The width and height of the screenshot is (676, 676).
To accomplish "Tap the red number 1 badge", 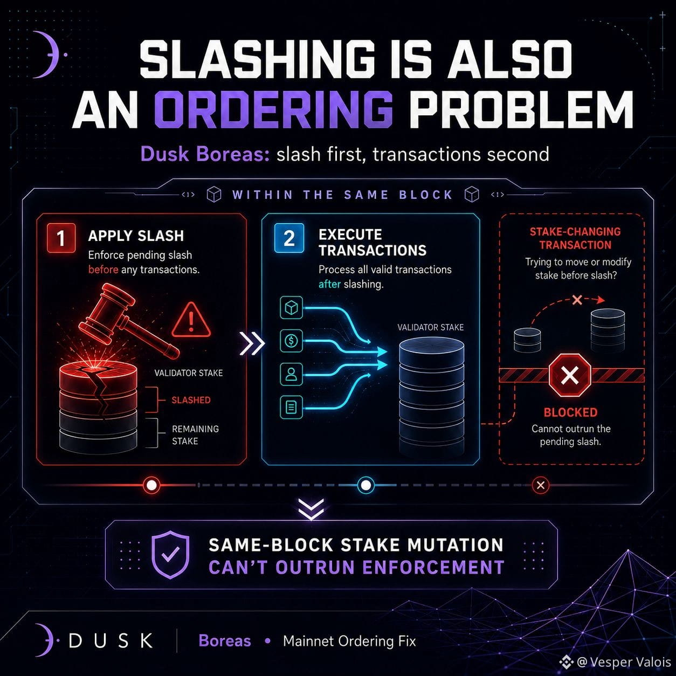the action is (61, 238).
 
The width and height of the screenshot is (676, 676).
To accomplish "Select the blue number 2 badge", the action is (289, 238).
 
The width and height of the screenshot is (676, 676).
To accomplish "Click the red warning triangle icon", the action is (191, 320).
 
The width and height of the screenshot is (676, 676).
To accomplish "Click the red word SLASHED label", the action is (191, 400).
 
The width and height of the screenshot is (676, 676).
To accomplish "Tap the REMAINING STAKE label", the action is (195, 435).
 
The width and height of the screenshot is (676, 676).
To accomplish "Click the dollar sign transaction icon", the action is (291, 341).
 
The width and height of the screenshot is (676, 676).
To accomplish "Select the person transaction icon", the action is (291, 374).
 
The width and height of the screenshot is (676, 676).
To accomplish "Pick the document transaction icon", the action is (291, 408).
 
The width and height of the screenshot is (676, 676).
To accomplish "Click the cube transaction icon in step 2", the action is (291, 308).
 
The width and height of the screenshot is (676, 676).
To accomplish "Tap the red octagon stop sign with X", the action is (570, 375).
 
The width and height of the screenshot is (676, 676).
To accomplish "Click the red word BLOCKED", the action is (570, 412).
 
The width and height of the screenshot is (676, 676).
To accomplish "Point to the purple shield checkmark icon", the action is (170, 555).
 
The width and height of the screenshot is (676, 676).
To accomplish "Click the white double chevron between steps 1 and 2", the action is (252, 343).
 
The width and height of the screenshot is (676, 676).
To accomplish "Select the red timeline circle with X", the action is (541, 485).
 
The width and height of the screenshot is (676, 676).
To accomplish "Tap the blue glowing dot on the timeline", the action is (366, 485).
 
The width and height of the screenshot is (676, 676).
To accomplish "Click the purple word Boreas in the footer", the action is (225, 641).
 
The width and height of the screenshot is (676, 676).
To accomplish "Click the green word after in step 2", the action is (329, 284).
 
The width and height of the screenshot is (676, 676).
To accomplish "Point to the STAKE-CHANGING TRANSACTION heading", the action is (575, 238).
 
